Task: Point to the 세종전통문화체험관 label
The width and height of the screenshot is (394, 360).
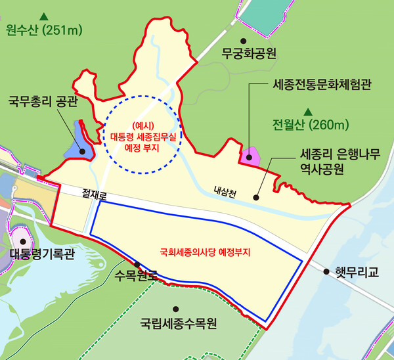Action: tap(321, 86)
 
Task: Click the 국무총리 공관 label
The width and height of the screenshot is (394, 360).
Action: tap(43, 102)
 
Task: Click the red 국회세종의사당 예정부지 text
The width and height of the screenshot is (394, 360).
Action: tap(206, 251)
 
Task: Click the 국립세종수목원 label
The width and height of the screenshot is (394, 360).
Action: tap(179, 323)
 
